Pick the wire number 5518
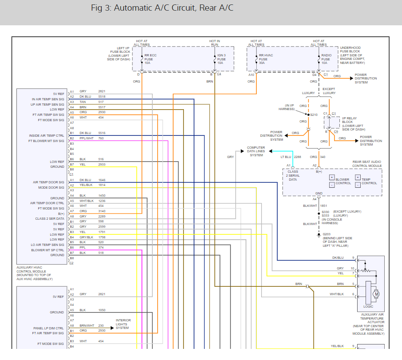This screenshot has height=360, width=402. click(102, 96)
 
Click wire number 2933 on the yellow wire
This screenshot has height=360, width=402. click(102, 164)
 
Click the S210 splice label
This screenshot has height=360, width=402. click(314, 115)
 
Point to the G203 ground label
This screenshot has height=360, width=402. click(326, 234)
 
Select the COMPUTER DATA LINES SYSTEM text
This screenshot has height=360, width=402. click(256, 151)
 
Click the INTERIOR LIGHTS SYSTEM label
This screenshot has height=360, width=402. click(123, 324)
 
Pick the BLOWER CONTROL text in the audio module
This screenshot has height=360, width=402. click(342, 182)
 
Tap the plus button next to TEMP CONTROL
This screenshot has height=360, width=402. click(358, 177)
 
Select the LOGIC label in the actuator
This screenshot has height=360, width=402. click(368, 306)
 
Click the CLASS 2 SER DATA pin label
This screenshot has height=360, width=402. click(50, 219)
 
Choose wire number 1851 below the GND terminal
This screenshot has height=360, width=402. click(323, 205)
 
